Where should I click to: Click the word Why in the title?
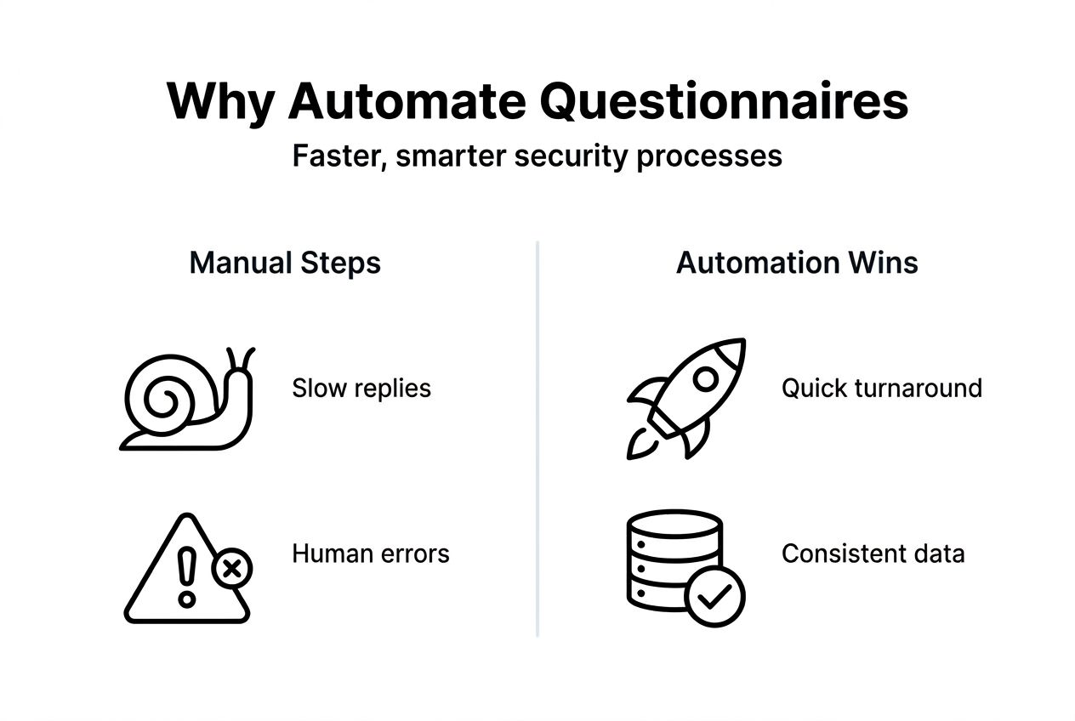(220, 103)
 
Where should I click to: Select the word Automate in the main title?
(406, 103)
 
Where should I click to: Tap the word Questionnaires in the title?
(724, 103)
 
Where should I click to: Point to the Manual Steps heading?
(285, 263)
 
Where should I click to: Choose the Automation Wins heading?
(797, 263)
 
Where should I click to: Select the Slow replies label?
(361, 389)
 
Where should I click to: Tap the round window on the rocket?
(704, 379)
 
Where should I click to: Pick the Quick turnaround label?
(881, 389)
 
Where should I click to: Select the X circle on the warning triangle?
(231, 567)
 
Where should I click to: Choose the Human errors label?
(371, 554)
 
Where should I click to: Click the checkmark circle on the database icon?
(715, 597)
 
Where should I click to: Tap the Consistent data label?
(873, 554)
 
